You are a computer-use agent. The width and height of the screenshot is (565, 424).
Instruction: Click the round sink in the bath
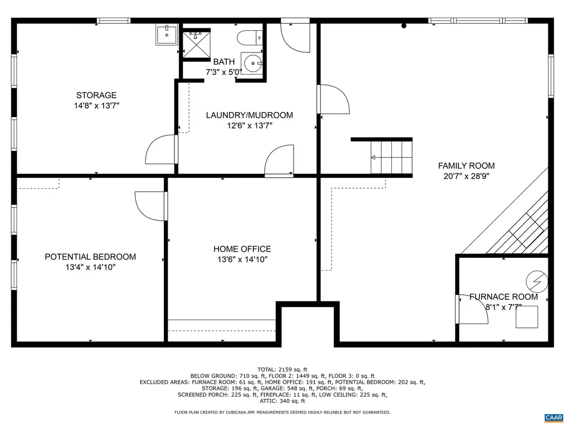pos(253,63)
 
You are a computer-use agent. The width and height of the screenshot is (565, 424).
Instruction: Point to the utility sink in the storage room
pos(166,35)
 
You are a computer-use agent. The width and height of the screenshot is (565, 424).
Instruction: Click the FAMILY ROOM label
pos(466,166)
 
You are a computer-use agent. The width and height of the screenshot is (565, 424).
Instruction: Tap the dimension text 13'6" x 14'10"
pos(242,259)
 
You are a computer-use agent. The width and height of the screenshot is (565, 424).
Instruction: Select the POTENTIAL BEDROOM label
pos(90,257)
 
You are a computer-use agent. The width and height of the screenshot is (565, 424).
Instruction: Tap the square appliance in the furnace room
pos(527,317)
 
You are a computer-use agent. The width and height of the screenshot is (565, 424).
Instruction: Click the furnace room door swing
pos(469,310)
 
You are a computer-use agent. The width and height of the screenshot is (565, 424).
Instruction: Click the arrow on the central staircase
pos(374,157)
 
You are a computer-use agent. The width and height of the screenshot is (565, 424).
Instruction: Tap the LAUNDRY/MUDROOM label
pos(249,115)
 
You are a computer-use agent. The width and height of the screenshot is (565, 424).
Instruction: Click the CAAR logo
pos(553,417)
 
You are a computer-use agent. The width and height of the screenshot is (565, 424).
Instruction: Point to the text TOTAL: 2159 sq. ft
pos(282,369)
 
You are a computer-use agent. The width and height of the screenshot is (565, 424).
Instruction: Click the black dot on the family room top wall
pos(404,25)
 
